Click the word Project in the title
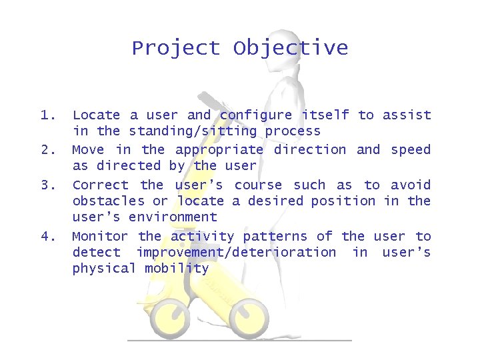point(176,49)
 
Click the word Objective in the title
point(291,49)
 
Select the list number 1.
point(47,115)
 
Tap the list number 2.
point(47,150)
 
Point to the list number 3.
point(47,185)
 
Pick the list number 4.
point(47,236)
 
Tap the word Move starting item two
point(88,150)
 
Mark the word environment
point(173,217)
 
